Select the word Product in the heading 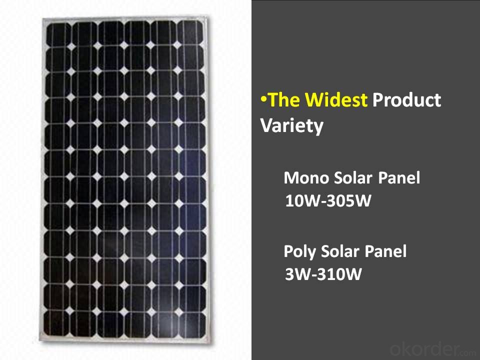(x=406, y=99)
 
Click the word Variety (x=291, y=126)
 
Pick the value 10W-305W (x=328, y=201)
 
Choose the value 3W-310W (x=323, y=274)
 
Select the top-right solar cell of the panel (x=190, y=33)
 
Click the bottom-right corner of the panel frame (x=211, y=343)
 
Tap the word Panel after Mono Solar (x=399, y=178)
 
